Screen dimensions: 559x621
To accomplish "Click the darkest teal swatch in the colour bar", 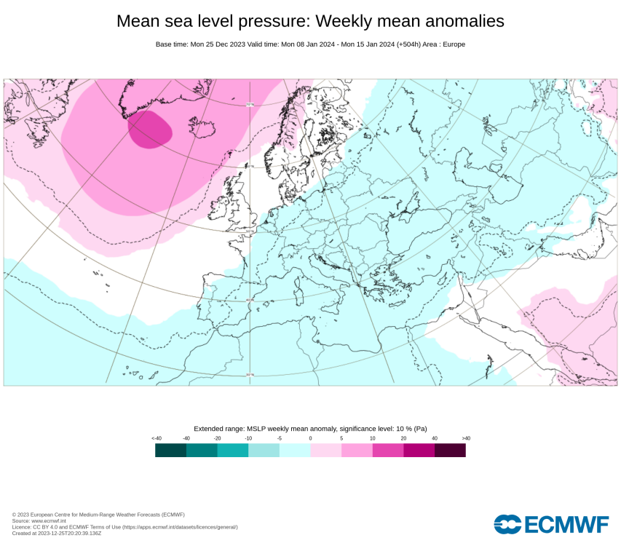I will [x=170, y=451].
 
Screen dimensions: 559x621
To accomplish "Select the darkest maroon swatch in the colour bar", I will [x=450, y=451].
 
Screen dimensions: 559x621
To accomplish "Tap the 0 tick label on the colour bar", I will [x=310, y=438].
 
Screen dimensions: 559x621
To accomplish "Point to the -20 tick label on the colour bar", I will [x=217, y=438].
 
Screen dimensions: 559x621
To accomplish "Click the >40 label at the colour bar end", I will [x=466, y=438].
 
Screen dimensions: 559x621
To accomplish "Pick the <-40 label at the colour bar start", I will [x=156, y=438].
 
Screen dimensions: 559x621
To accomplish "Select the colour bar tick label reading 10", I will [x=372, y=438].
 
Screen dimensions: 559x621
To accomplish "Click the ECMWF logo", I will [x=551, y=524].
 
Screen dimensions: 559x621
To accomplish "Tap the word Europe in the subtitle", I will [x=454, y=44].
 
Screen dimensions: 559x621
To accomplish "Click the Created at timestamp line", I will [x=57, y=534].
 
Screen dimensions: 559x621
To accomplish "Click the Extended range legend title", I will [x=310, y=429].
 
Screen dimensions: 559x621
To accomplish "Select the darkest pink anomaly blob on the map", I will [x=150, y=130].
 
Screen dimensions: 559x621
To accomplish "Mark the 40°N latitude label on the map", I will [x=249, y=300].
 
